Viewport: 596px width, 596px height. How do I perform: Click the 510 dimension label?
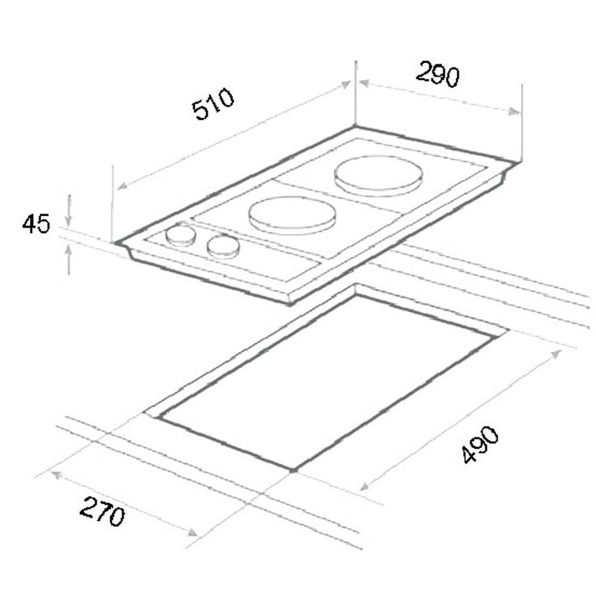tap(213, 103)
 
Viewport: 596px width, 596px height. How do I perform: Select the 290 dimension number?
tap(438, 74)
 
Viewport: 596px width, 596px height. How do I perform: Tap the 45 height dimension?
tap(36, 223)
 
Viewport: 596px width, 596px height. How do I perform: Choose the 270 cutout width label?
tap(103, 511)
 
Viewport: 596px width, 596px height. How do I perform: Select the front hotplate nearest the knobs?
tap(292, 216)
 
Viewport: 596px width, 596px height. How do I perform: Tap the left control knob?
tap(181, 235)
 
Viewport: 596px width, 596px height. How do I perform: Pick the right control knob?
tap(223, 247)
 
